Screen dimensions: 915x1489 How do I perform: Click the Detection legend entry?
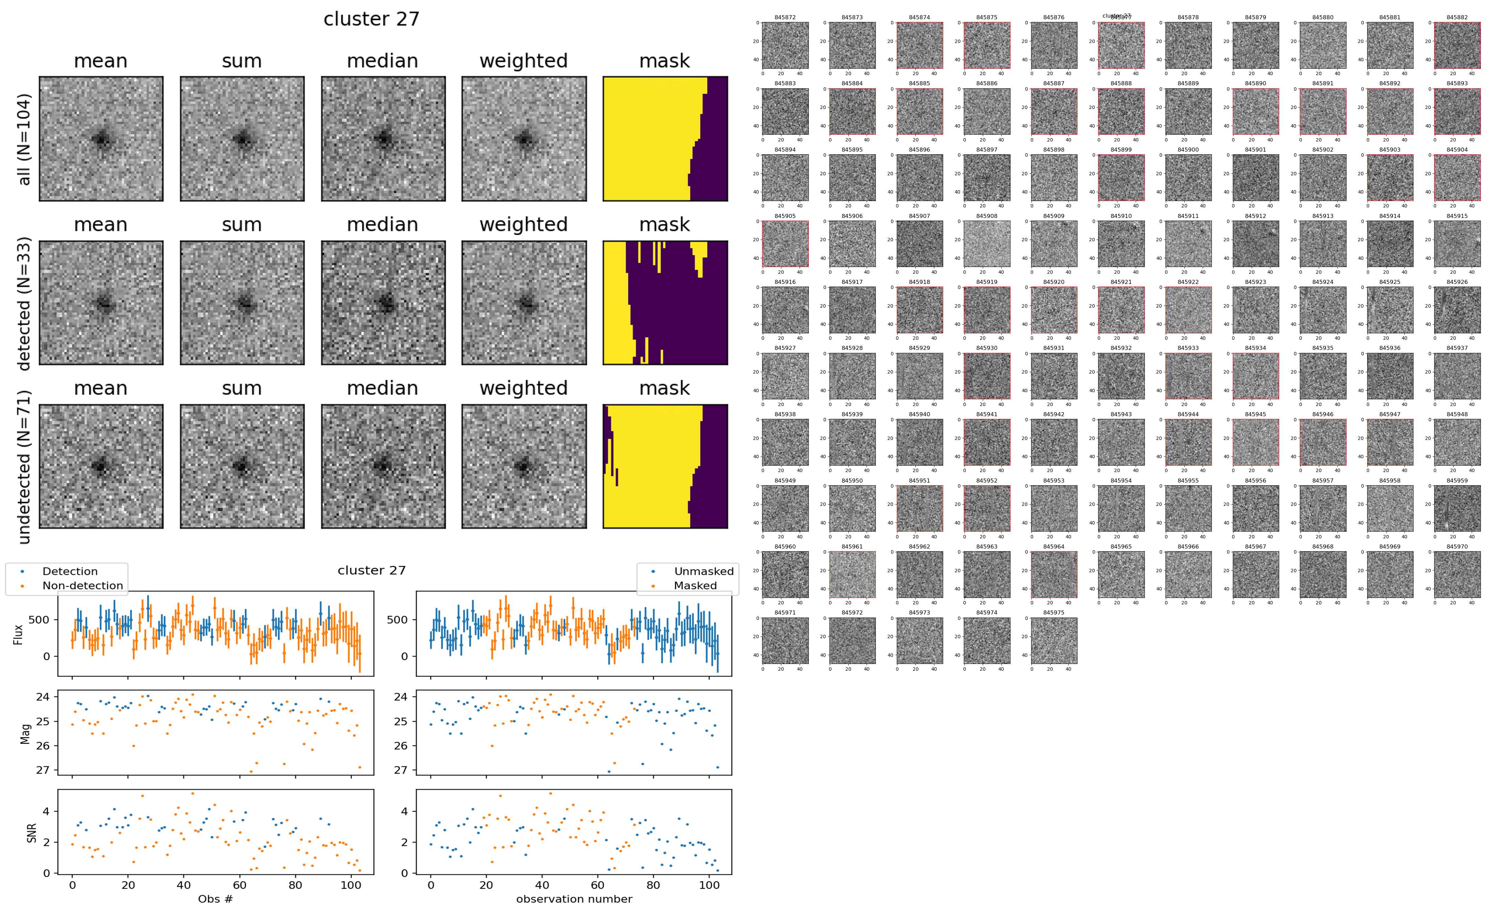(x=70, y=571)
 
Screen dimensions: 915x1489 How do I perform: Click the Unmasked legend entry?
(x=704, y=571)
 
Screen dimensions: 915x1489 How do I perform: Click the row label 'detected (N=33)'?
(x=23, y=303)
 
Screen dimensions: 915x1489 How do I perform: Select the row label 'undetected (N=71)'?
(x=23, y=467)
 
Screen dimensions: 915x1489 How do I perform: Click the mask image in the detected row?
(x=665, y=303)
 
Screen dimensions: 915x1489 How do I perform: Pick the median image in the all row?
(x=383, y=139)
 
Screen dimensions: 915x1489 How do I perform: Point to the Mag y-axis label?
(x=25, y=733)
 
